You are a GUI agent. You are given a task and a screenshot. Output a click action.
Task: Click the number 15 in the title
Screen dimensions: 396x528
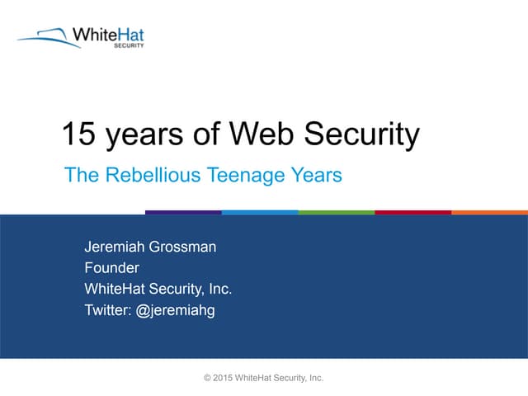tap(80, 134)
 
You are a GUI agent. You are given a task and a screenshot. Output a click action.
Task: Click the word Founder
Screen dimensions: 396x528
tap(111, 267)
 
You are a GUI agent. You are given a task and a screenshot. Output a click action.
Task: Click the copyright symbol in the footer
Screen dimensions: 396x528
tap(207, 378)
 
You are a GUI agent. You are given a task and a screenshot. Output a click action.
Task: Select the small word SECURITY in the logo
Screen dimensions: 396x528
tap(128, 46)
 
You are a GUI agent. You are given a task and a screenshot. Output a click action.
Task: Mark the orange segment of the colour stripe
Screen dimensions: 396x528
tap(489, 212)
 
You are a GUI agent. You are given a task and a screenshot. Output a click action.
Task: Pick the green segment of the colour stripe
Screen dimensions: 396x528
tap(336, 212)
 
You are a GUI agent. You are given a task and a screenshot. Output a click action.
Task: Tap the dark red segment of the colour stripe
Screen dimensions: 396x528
tap(412, 212)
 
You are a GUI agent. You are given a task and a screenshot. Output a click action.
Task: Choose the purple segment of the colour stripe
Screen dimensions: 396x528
tap(183, 212)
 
